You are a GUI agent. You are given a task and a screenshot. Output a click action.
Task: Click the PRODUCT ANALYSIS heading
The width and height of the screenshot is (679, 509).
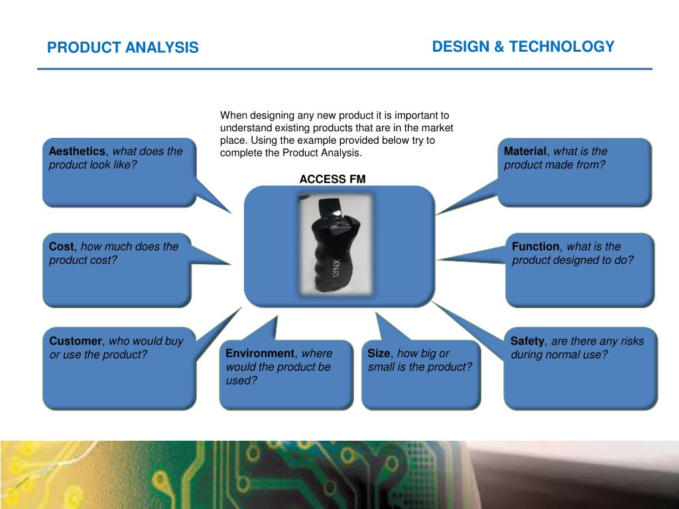[x=123, y=48]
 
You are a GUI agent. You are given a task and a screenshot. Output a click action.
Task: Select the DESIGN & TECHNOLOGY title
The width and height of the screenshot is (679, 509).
[x=523, y=46]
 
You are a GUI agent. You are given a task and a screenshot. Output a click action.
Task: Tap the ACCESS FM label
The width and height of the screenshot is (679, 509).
[x=332, y=179]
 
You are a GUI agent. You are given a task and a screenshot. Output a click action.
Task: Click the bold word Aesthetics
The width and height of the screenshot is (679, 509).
[x=77, y=151]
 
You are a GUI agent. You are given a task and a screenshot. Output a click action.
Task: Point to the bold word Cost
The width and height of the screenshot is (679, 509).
[x=62, y=247]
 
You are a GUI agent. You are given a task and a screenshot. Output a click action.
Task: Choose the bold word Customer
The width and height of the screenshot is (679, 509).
[x=76, y=341]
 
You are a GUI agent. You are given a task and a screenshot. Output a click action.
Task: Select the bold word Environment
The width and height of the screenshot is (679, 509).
[x=260, y=353]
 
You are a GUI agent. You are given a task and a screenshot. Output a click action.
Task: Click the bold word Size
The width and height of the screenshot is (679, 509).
[x=379, y=353]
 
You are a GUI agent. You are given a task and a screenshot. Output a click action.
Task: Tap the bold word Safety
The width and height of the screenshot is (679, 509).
[x=527, y=341]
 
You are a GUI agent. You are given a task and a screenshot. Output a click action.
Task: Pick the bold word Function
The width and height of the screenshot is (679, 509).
[x=536, y=247]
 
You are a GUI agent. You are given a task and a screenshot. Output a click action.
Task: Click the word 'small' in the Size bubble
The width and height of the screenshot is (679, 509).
[x=383, y=367]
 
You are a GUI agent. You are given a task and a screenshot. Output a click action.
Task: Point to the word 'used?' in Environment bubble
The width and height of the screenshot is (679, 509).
[x=241, y=380]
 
